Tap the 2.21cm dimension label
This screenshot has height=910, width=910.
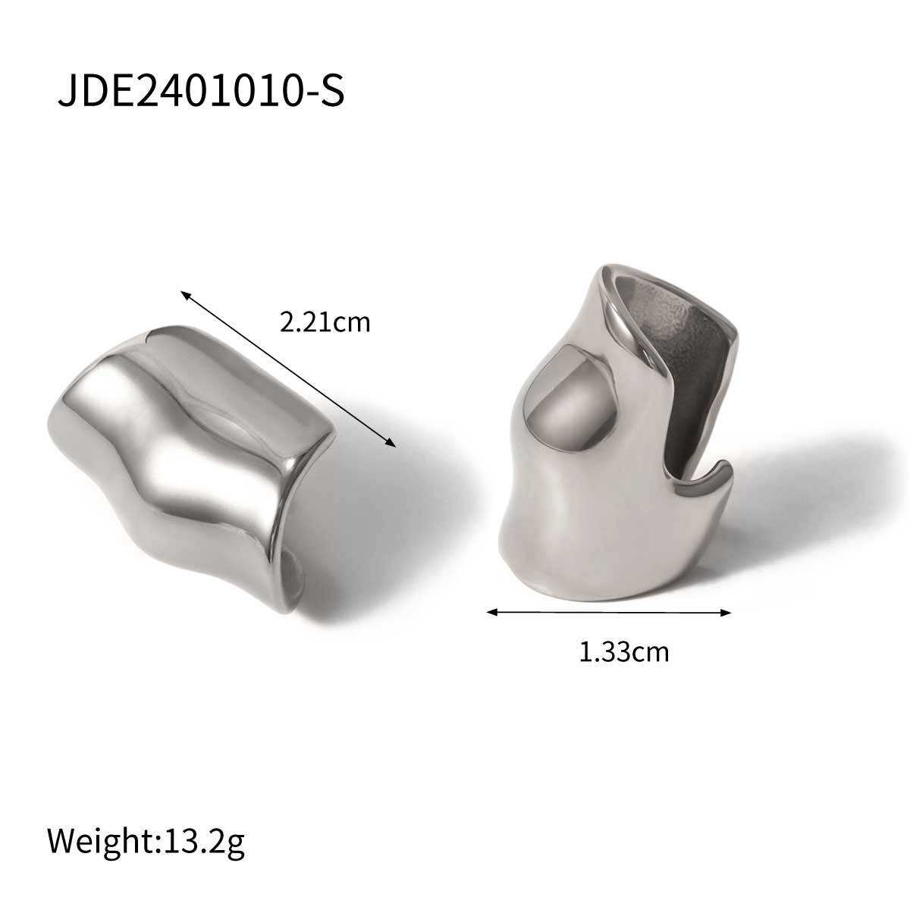pyautogui.click(x=325, y=322)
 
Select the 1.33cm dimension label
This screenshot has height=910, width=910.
pyautogui.click(x=624, y=651)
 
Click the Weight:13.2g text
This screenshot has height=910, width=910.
pyautogui.click(x=146, y=778)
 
